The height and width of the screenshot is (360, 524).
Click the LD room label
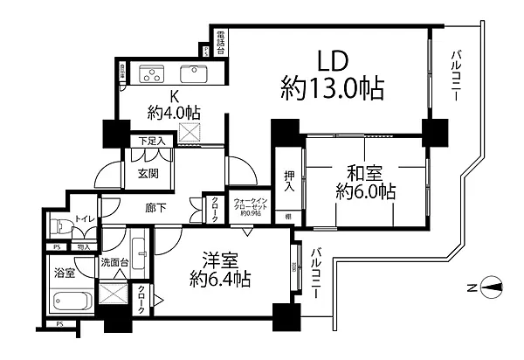(333, 60)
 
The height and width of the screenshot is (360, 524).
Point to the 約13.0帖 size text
(333, 87)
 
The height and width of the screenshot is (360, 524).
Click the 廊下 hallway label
(156, 206)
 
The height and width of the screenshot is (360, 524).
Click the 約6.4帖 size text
(222, 280)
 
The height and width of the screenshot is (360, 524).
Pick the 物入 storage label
(84, 247)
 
